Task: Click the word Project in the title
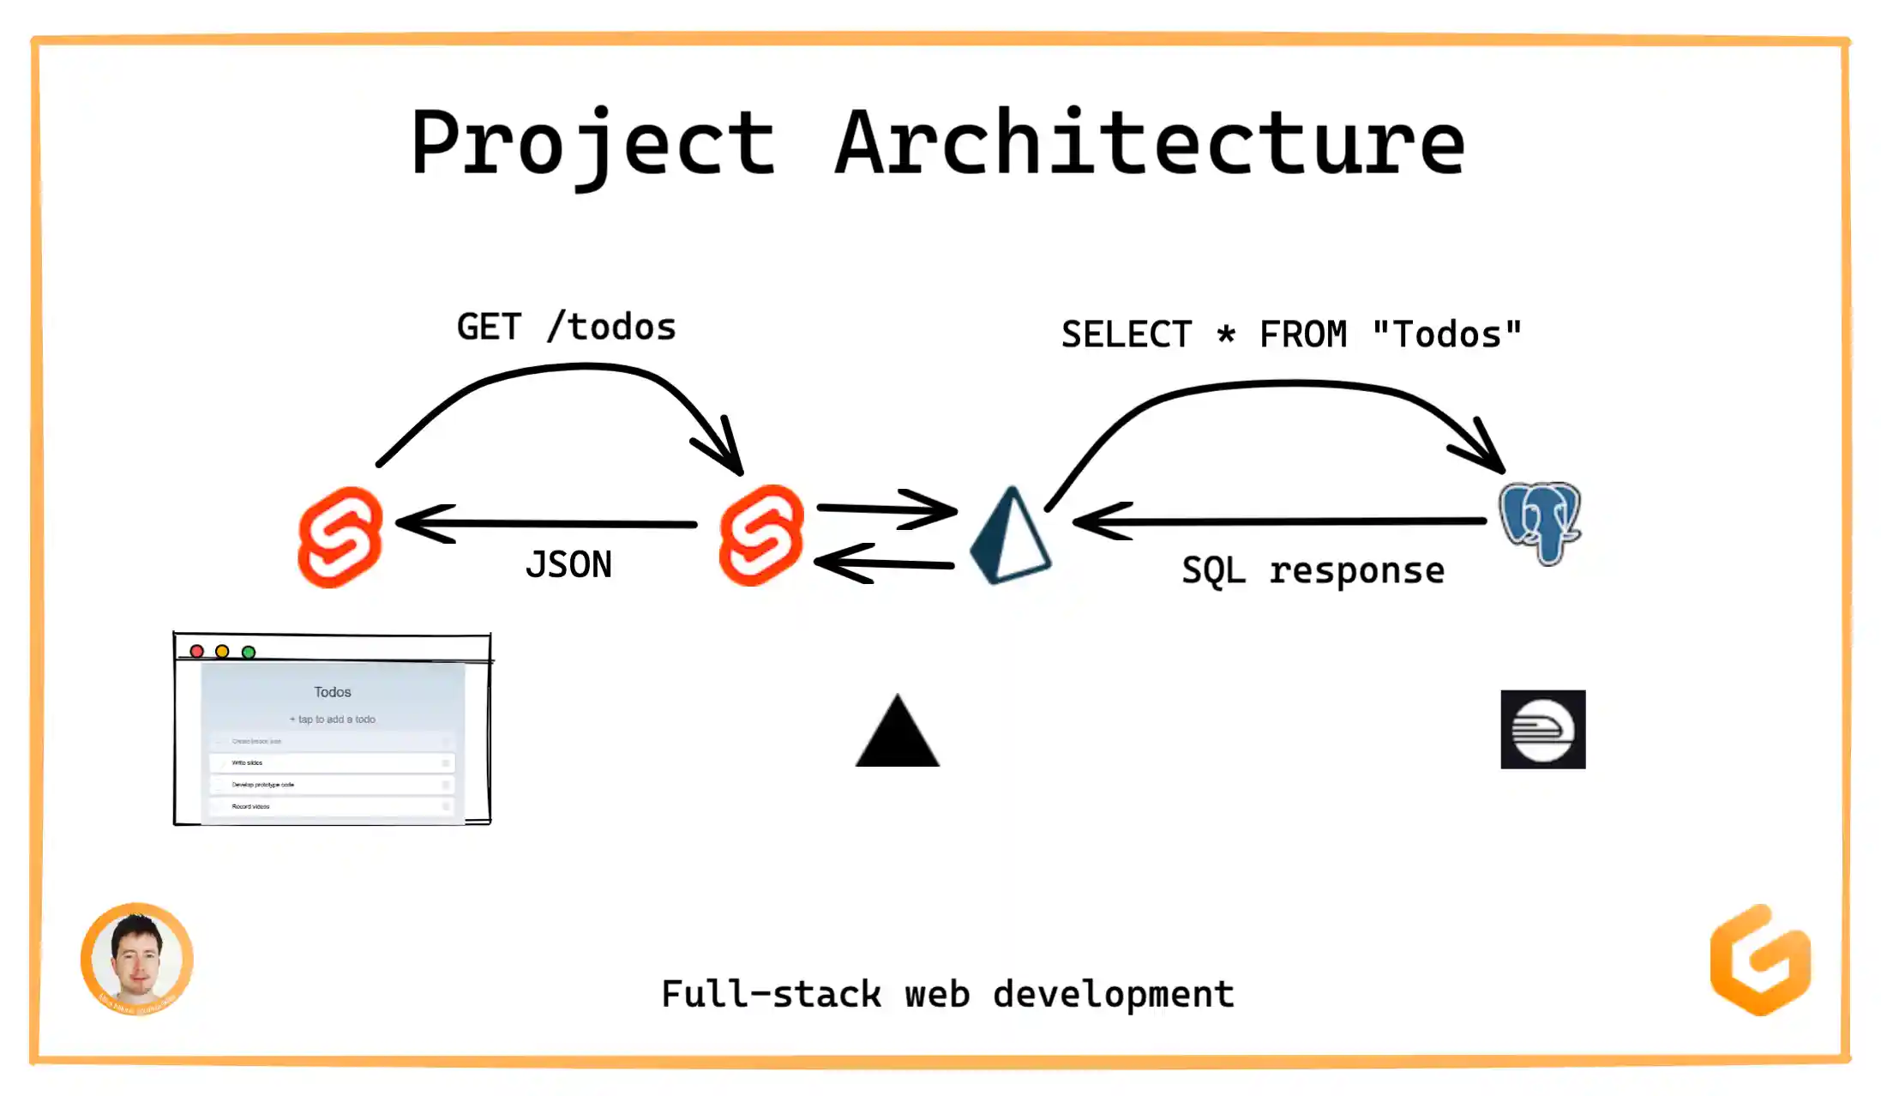pyautogui.click(x=592, y=144)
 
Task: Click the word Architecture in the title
pyautogui.click(x=1150, y=144)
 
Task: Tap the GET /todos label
pyautogui.click(x=566, y=327)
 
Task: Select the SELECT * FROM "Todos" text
pyautogui.click(x=1291, y=334)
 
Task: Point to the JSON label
pyautogui.click(x=568, y=564)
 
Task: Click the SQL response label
pyautogui.click(x=1313, y=570)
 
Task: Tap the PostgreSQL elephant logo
pyautogui.click(x=1541, y=522)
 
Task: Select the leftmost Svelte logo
pyautogui.click(x=340, y=538)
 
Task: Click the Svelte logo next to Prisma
pyautogui.click(x=761, y=536)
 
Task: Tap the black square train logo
pyautogui.click(x=1542, y=729)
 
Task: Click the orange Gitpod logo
pyautogui.click(x=1760, y=960)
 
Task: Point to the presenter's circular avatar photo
pyautogui.click(x=137, y=959)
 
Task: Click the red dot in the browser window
pyautogui.click(x=197, y=652)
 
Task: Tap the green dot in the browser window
pyautogui.click(x=249, y=652)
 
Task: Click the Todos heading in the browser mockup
pyautogui.click(x=333, y=692)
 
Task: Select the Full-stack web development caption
pyautogui.click(x=947, y=994)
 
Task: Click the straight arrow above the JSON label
pyautogui.click(x=549, y=523)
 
